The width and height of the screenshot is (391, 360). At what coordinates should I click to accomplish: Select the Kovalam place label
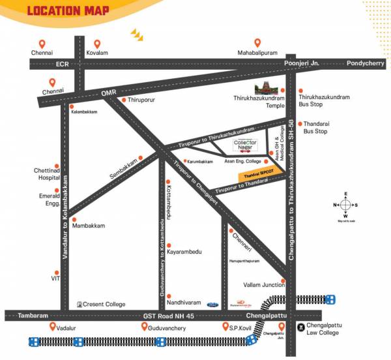coord(98,53)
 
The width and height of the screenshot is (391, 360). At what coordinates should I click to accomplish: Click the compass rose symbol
coord(345,204)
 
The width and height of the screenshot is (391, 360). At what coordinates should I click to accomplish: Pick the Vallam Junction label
coord(264,284)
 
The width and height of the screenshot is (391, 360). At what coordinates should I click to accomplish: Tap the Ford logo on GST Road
coord(213,305)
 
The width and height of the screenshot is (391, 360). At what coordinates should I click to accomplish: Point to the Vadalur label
coord(68,327)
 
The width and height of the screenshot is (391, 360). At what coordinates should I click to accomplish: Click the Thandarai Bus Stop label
coord(315,128)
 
